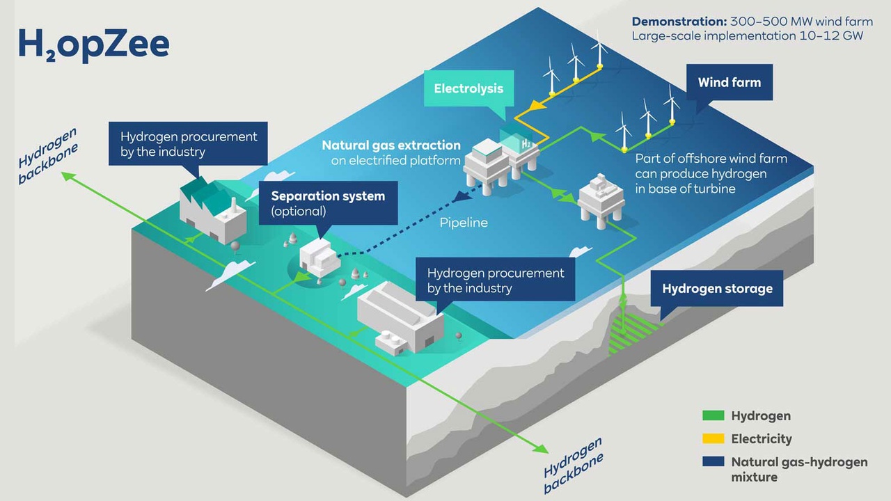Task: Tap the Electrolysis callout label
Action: click(x=468, y=89)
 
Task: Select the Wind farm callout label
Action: click(x=729, y=83)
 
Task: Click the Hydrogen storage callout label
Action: click(x=717, y=288)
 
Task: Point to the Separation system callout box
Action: click(x=327, y=203)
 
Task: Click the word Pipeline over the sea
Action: click(x=464, y=223)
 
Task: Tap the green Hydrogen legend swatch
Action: click(x=713, y=416)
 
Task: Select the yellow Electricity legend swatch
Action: click(x=713, y=439)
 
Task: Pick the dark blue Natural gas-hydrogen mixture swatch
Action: click(x=713, y=462)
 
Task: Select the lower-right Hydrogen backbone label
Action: click(x=573, y=466)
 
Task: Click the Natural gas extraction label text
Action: click(x=391, y=146)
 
